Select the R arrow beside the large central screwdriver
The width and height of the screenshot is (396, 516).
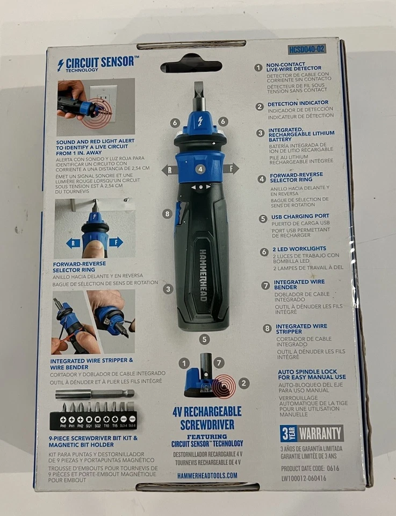[x=170, y=169]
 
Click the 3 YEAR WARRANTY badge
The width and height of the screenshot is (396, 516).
[x=312, y=433]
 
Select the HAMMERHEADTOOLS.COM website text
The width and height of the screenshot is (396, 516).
[x=207, y=476]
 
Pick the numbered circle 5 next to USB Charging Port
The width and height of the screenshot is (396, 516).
[x=263, y=219]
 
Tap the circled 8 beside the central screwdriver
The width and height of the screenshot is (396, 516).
[x=167, y=214]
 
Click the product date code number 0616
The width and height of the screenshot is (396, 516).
[x=332, y=468]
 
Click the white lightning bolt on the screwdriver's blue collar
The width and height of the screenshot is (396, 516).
[x=199, y=120]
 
